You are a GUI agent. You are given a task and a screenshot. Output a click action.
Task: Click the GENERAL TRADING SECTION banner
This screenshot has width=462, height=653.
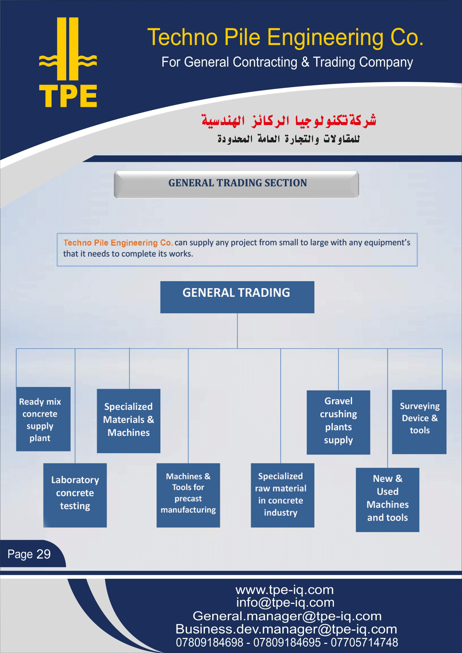[236, 184]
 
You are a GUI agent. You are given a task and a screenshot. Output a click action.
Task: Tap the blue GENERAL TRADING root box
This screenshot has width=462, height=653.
[237, 297]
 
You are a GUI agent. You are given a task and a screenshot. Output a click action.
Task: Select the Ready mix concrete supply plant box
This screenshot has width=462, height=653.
[43, 419]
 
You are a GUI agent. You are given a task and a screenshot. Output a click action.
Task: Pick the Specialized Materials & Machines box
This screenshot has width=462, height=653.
[129, 421]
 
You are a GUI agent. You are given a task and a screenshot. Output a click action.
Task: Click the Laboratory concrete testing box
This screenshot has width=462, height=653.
[75, 495]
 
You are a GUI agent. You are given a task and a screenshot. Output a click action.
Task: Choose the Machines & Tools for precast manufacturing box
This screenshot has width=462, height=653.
[188, 495]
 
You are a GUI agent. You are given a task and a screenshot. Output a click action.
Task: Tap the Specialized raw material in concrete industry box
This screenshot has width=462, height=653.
[283, 495]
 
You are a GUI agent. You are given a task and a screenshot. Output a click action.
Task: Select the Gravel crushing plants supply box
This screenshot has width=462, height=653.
[339, 422]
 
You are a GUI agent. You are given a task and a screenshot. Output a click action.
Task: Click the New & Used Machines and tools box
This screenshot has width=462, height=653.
[387, 500]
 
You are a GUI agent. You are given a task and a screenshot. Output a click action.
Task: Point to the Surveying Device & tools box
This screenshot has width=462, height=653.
[419, 422]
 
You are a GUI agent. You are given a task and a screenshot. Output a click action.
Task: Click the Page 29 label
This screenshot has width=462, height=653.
[29, 554]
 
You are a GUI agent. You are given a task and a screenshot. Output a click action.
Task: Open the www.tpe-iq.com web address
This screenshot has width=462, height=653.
[284, 590]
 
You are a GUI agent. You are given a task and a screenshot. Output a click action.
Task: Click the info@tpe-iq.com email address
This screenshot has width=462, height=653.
[285, 602]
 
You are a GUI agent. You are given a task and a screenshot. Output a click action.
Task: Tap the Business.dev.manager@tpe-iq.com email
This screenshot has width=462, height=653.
[286, 629]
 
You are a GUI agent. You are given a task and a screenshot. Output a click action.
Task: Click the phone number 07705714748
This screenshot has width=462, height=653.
[364, 642]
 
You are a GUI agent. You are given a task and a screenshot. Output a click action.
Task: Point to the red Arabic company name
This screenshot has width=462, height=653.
[289, 121]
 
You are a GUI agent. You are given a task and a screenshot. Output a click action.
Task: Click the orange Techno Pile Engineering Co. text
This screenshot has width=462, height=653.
[118, 243]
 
